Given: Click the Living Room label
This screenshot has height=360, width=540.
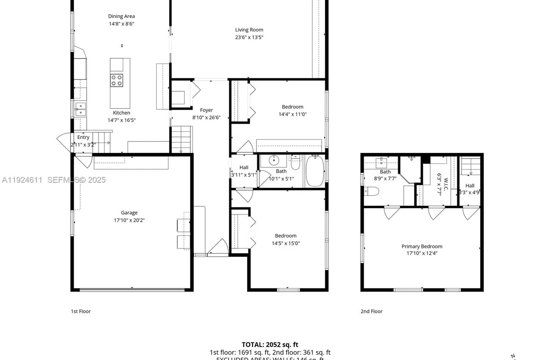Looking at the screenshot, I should (249, 30).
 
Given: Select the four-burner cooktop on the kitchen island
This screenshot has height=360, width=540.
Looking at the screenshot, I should (117, 80).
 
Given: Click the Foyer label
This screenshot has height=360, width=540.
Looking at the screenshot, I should (206, 110).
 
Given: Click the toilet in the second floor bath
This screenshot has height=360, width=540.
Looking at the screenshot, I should (372, 191).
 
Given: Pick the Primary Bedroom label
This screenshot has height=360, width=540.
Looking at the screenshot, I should (422, 247).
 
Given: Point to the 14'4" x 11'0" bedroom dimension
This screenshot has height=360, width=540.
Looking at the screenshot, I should (292, 114).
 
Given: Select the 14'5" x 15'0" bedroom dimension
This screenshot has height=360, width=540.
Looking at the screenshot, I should (286, 243).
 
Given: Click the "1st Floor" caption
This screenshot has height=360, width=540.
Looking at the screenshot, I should (81, 311).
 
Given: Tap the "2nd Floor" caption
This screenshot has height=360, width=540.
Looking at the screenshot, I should (371, 311).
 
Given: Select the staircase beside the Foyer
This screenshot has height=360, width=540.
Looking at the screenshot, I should (181, 139).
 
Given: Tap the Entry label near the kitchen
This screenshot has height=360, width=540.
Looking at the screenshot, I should (83, 137).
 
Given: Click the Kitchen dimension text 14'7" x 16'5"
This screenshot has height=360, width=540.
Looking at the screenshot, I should (121, 120).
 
